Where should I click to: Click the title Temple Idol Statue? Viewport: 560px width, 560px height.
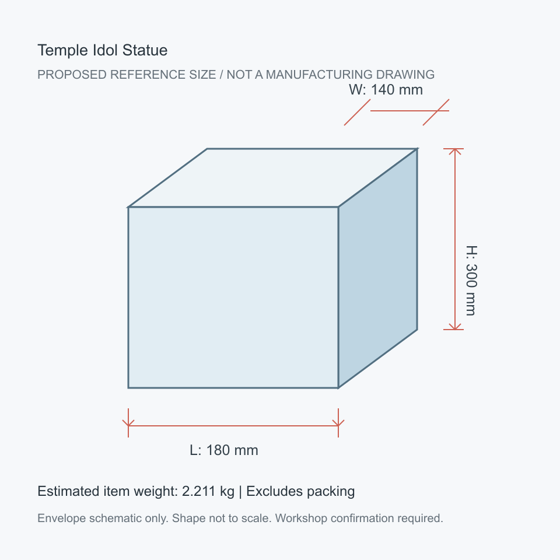click(x=103, y=50)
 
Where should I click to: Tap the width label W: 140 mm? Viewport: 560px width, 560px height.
click(x=386, y=90)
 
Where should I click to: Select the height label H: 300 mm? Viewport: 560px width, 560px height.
click(x=471, y=281)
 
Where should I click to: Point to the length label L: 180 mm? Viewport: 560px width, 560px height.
click(x=224, y=450)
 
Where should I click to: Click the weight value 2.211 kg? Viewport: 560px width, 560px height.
click(x=208, y=491)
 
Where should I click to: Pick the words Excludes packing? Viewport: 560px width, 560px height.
click(x=300, y=491)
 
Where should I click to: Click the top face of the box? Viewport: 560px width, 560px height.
click(x=273, y=177)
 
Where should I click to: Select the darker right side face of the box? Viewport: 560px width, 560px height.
click(x=378, y=268)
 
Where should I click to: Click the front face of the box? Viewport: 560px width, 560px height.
click(x=233, y=297)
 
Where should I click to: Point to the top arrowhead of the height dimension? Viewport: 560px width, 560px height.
click(x=454, y=151)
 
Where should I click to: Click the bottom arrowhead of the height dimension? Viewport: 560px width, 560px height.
click(x=454, y=327)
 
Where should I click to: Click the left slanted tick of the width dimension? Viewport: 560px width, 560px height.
click(x=357, y=112)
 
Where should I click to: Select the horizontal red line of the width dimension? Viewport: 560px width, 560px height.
click(x=409, y=111)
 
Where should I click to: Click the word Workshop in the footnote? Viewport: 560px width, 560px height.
click(x=301, y=518)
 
